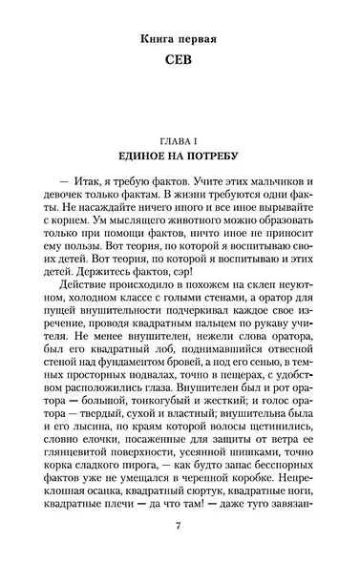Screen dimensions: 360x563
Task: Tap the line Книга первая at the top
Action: (x=180, y=41)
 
